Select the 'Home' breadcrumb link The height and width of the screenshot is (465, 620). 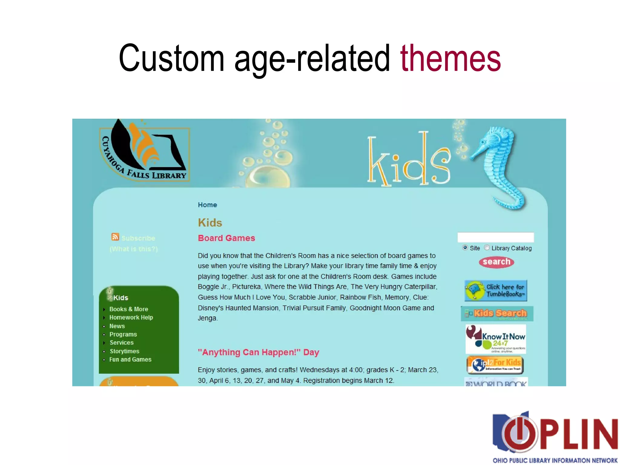(x=207, y=205)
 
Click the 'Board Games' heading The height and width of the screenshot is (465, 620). (x=226, y=238)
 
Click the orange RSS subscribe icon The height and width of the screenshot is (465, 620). (x=115, y=237)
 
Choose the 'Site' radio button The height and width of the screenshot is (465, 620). (x=465, y=248)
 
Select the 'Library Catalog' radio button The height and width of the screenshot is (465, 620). (x=487, y=248)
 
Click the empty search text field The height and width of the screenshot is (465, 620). (x=496, y=237)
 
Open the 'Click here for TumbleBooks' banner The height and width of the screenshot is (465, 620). (x=496, y=290)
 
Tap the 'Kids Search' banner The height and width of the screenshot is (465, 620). (x=497, y=313)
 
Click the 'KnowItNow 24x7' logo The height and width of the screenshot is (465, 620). (x=496, y=339)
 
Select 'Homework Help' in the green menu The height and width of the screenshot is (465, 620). (x=131, y=318)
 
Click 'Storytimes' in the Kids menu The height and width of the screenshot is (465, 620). (x=124, y=351)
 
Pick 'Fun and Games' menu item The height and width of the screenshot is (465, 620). (x=130, y=360)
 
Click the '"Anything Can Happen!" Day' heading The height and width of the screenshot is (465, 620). (x=259, y=352)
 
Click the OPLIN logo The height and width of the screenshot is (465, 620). (x=555, y=436)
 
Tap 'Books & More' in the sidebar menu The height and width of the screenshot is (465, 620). (x=129, y=309)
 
